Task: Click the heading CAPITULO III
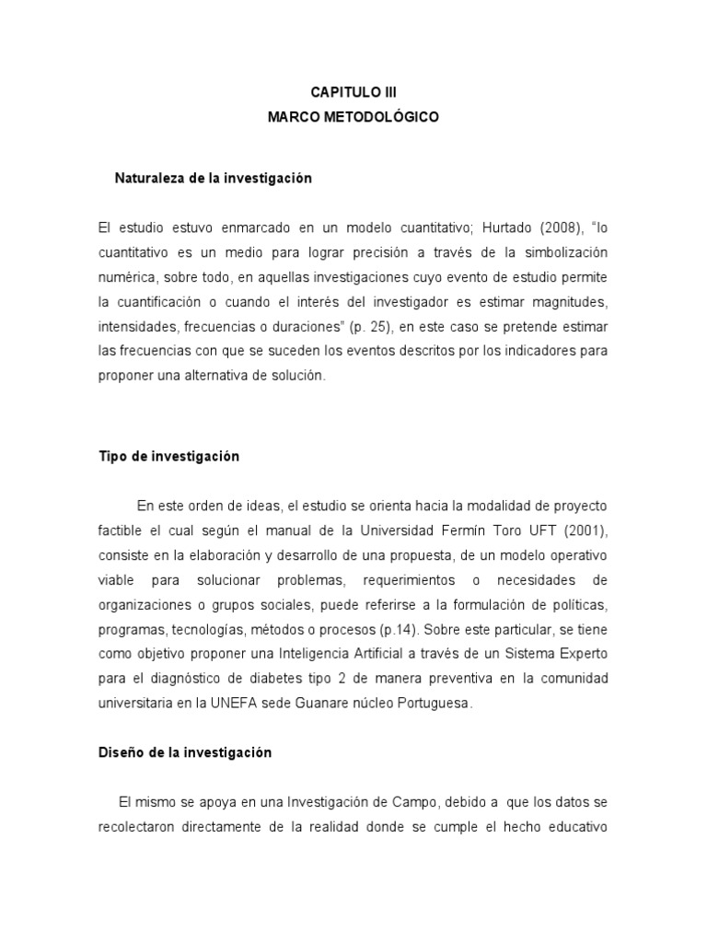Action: point(353,93)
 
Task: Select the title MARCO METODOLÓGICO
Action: point(353,118)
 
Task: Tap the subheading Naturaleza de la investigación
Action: point(214,179)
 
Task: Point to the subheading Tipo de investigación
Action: point(168,457)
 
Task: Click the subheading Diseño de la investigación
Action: point(185,752)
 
